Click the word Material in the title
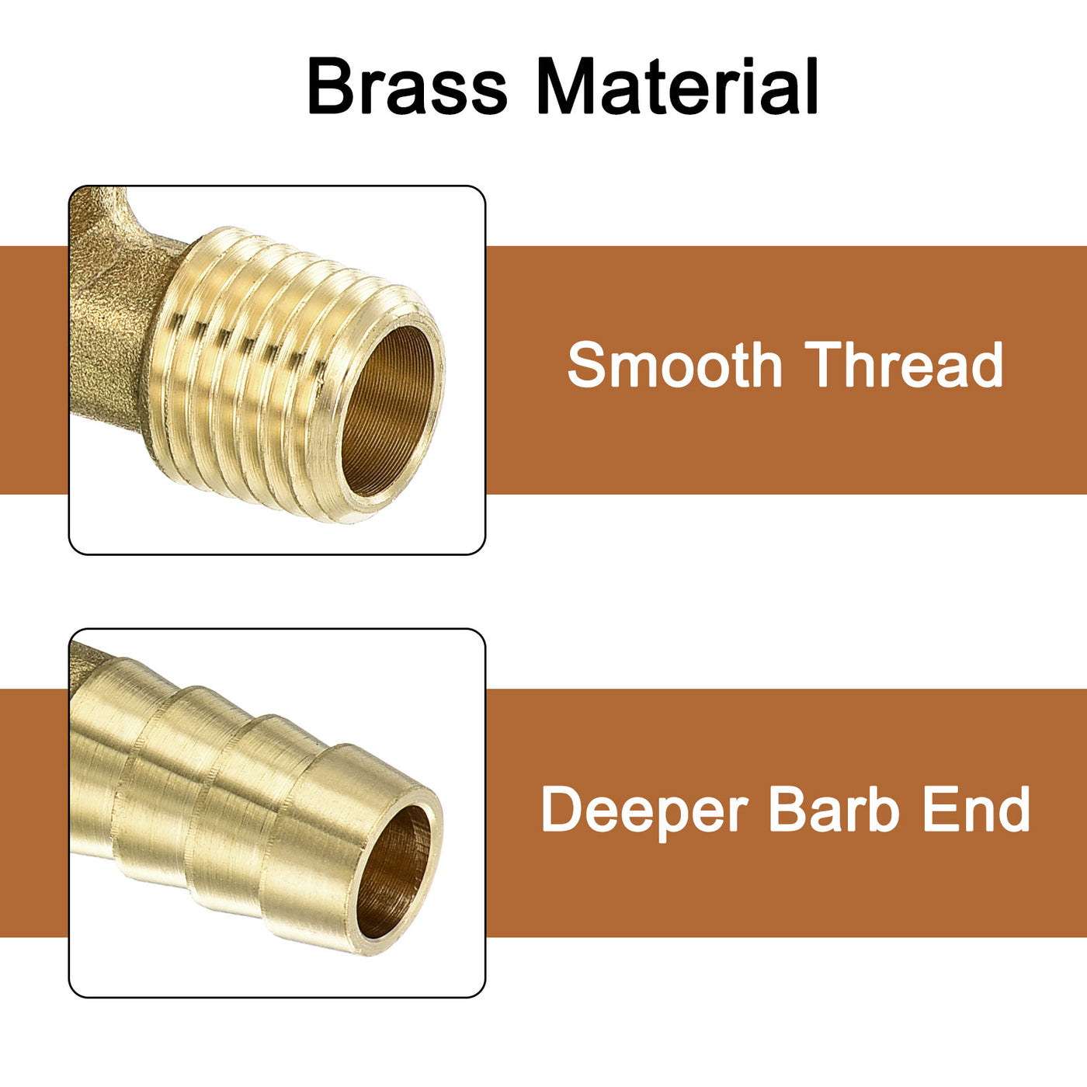coord(677,85)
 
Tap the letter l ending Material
coord(811,85)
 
